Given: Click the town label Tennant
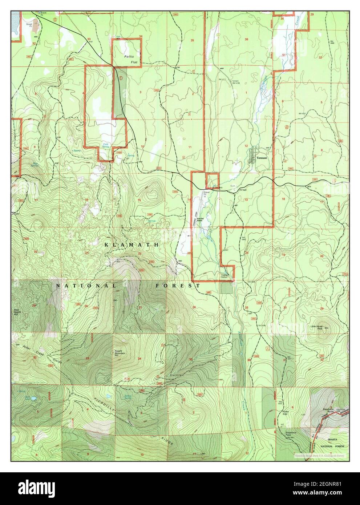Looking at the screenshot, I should pos(261,158).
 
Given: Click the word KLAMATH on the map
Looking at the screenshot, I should pos(131,245).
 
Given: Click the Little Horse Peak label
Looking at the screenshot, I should pos(317,328).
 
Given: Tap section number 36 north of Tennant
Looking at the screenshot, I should pos(246,39).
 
